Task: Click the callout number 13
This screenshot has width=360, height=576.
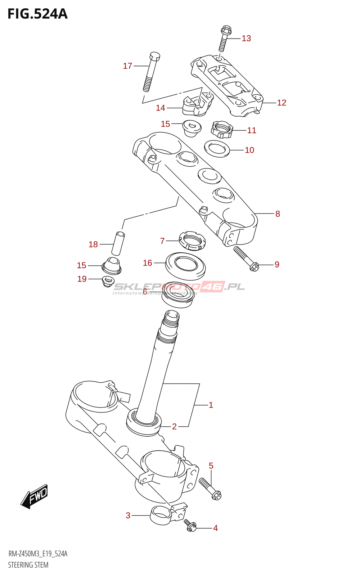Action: pos(246,39)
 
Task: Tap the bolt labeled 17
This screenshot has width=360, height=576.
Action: pos(151,72)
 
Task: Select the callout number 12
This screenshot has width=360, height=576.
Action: pos(282,103)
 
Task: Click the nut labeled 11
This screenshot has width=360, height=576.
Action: pos(222,130)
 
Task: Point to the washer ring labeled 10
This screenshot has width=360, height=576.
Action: pos(217,149)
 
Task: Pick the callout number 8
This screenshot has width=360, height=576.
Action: pos(278,214)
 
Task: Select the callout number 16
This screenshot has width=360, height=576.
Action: pos(148,263)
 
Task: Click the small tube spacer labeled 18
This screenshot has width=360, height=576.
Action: pos(118,244)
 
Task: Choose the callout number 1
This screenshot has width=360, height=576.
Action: pos(211,405)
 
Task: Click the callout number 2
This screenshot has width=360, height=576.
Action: pos(174,427)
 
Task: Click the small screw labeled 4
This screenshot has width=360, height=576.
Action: pos(190,525)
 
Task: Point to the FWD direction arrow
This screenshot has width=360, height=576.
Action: pos(34,496)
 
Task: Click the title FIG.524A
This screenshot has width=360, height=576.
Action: pos(37,14)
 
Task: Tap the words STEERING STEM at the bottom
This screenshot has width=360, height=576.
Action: pos(28,565)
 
